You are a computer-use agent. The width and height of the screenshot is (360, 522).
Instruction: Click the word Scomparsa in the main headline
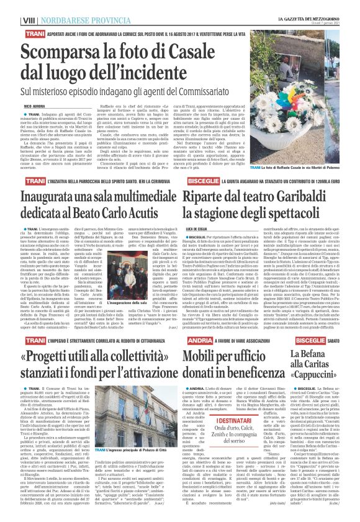pos(68,54)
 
